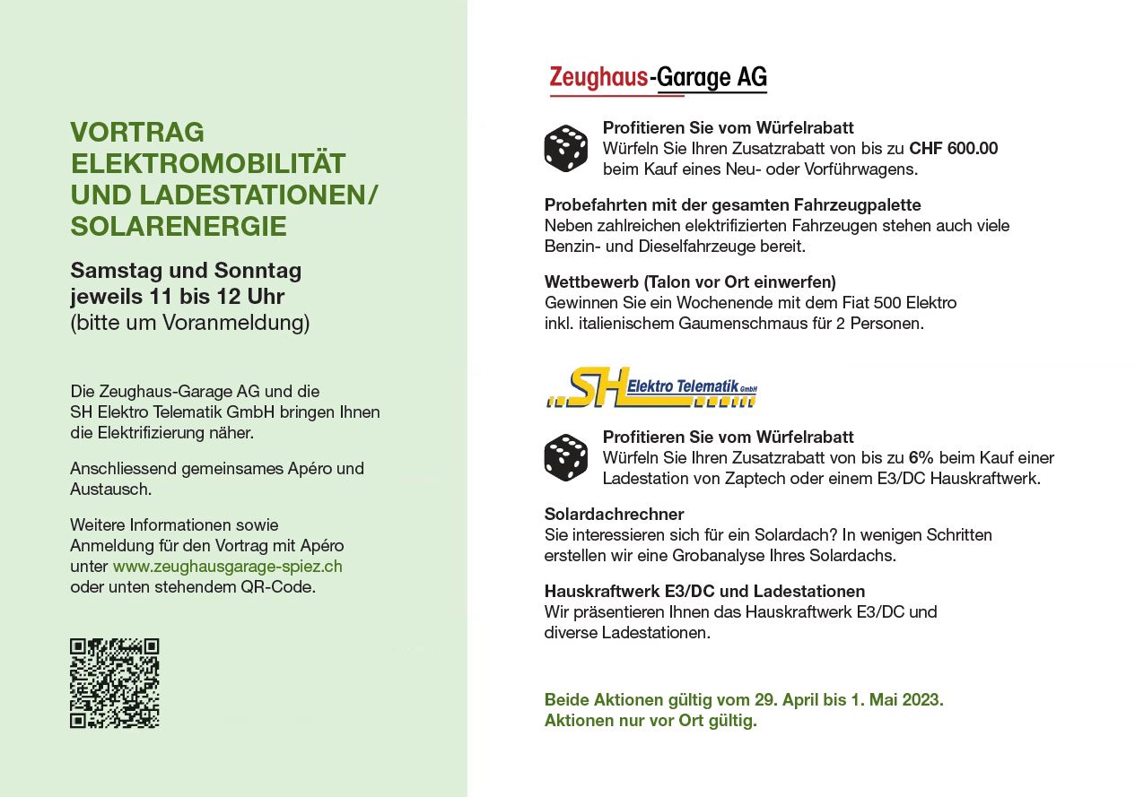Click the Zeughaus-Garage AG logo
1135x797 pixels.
pos(658,79)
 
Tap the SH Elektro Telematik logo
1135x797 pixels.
pos(651,388)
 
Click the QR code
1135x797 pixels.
pos(115,683)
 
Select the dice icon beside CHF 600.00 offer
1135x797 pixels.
pos(565,149)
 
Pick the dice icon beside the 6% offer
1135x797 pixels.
pos(565,457)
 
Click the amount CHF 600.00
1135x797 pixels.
pos(953,149)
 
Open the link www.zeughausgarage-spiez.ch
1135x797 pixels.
pos(227,567)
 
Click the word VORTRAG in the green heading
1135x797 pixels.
pos(137,133)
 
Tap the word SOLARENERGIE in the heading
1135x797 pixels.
pos(179,227)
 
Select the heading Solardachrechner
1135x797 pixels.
pos(614,515)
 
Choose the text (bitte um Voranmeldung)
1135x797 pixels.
pos(190,323)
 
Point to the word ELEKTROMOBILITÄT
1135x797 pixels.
pos(208,164)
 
